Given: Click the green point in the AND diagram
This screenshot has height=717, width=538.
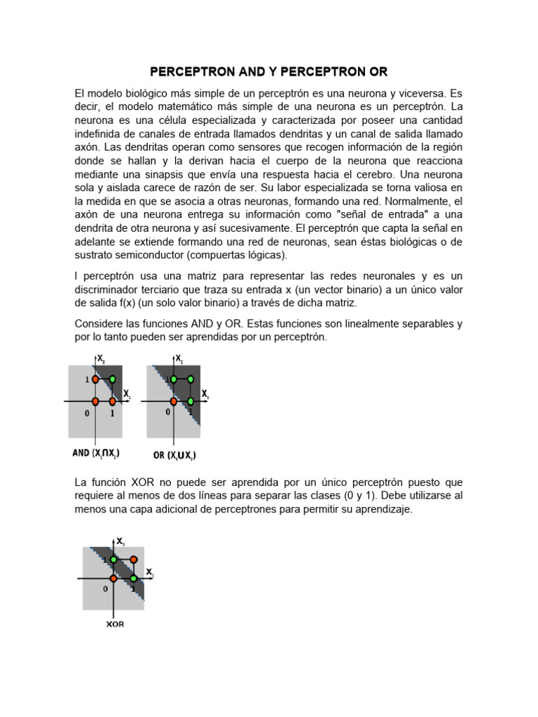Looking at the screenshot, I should point(112,380).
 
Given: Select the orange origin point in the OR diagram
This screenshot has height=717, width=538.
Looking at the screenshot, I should point(173,401).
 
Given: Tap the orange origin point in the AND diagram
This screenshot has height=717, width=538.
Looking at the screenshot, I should point(96,401).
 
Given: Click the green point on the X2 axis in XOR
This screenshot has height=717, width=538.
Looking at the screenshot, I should point(113,560).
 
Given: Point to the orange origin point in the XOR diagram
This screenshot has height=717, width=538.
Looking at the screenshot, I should point(113,578).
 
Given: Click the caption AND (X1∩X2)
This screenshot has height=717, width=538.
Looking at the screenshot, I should point(96,453).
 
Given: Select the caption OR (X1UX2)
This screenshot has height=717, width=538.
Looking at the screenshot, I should point(174,455).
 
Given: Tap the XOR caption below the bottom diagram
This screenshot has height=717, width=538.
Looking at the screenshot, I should point(116,624).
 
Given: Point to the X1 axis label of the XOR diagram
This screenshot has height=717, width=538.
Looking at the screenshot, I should point(149,573).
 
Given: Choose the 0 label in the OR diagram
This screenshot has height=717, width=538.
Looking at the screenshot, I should point(167,412).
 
